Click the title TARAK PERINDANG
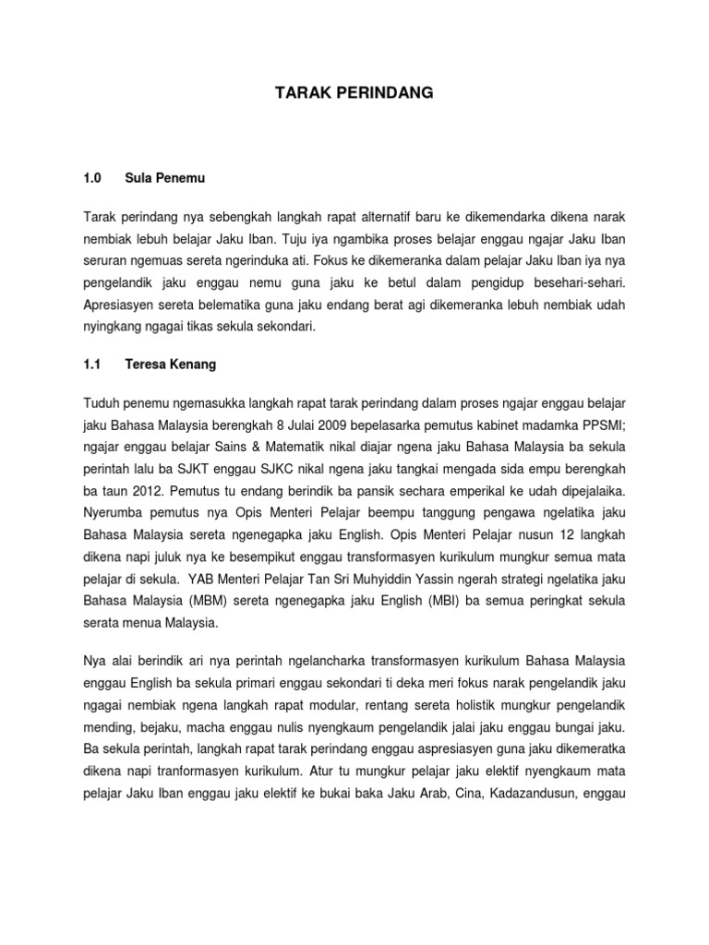point(355,93)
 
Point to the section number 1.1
point(91,365)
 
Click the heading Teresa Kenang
point(170,365)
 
